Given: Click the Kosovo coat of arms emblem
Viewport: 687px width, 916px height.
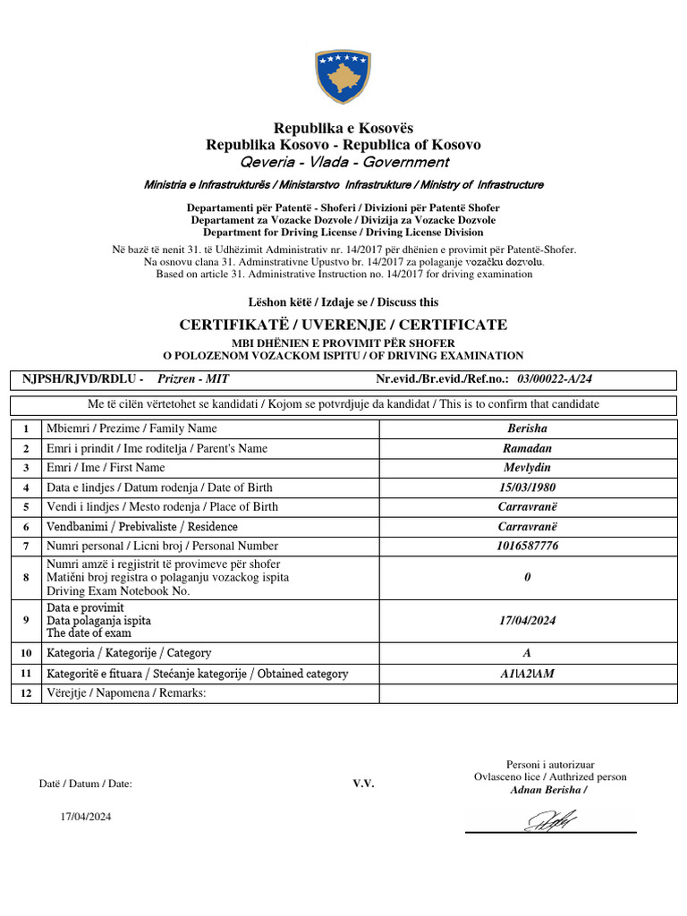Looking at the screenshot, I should tap(343, 77).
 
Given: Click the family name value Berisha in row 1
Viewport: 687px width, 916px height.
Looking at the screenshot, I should tap(527, 428).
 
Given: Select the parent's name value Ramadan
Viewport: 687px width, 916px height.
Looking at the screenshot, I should tap(527, 448).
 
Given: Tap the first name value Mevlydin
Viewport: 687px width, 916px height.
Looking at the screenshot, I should tap(527, 468).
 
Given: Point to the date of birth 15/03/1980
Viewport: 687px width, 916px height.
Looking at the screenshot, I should tap(527, 488).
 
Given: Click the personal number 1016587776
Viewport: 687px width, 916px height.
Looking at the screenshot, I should tap(527, 546).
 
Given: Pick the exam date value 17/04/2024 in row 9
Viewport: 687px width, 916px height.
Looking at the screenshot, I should tap(527, 620).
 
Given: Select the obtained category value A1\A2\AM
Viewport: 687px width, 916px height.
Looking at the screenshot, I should tap(527, 674).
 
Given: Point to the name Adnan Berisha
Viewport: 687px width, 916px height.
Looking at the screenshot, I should tap(548, 790).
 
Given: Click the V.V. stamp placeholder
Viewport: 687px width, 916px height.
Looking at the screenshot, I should tap(363, 784).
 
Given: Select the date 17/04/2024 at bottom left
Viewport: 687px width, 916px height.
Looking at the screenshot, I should tap(86, 817).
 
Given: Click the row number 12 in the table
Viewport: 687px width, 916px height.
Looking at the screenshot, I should tap(26, 693).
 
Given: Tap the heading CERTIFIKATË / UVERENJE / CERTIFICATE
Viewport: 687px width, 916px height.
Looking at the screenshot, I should tap(343, 325).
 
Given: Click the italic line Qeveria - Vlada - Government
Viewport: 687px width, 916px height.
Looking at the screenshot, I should tap(343, 163).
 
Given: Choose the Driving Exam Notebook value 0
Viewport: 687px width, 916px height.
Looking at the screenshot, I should tap(527, 578).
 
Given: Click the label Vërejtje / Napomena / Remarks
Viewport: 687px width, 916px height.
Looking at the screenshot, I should tap(126, 693).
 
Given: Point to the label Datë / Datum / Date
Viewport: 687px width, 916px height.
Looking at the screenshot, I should tap(85, 784).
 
